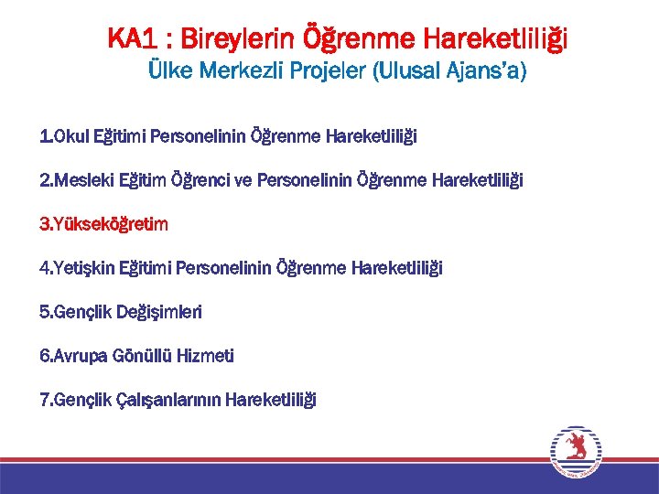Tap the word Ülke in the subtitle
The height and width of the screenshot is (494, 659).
[167, 71]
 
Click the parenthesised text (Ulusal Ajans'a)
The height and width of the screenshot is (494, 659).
[448, 71]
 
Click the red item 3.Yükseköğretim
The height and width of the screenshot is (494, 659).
[103, 224]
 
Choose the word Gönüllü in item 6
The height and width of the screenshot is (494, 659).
[142, 356]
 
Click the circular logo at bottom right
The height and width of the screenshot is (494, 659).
[575, 450]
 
